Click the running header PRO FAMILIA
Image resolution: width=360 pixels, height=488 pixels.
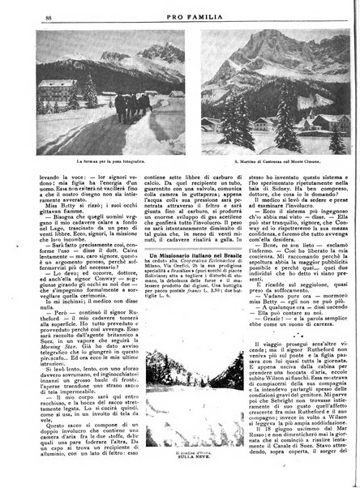[x=179, y=15]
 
